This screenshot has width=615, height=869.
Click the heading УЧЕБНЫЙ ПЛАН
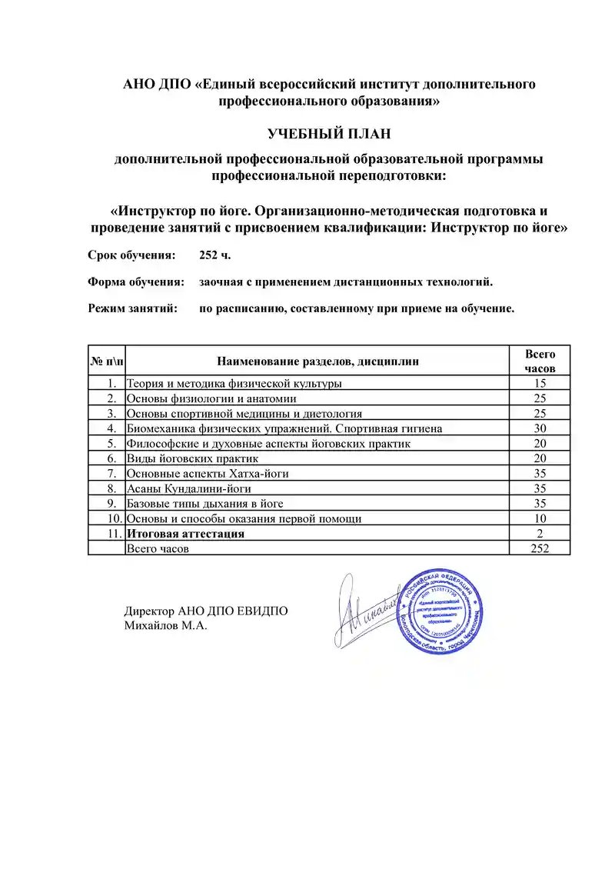click(x=329, y=134)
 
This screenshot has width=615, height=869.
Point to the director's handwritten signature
click(x=367, y=611)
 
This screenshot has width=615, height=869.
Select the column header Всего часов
click(x=540, y=361)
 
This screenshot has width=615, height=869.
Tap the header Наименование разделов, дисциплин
click(x=318, y=361)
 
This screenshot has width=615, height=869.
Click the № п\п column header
click(x=106, y=361)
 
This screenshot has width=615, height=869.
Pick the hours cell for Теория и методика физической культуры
click(x=540, y=383)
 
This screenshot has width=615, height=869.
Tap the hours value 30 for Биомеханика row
click(x=540, y=428)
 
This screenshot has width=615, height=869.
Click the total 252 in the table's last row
click(x=540, y=548)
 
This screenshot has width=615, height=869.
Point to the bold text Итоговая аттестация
click(x=185, y=534)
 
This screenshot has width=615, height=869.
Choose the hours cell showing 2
click(x=540, y=534)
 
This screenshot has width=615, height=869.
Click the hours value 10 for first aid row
click(x=540, y=518)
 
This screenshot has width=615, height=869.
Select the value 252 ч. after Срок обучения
click(x=214, y=255)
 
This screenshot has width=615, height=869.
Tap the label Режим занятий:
click(x=133, y=308)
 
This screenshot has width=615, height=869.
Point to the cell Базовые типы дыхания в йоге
click(x=205, y=504)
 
